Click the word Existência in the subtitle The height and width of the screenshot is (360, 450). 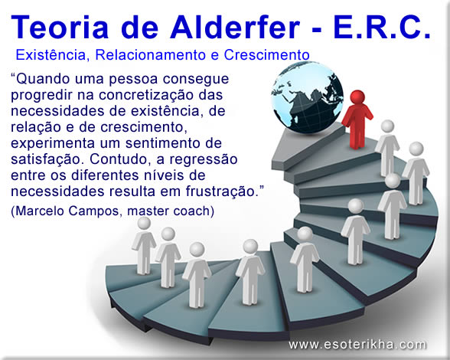[x=48, y=55]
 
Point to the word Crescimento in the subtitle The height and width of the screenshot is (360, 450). [x=267, y=55]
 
